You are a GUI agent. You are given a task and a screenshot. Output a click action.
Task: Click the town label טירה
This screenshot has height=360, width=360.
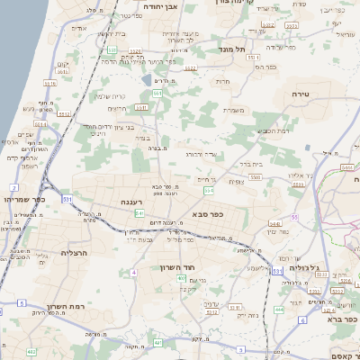301,93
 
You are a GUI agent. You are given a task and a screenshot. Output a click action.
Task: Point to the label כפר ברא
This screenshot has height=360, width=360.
343,318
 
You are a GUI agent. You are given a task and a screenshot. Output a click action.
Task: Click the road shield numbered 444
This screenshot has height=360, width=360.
280,310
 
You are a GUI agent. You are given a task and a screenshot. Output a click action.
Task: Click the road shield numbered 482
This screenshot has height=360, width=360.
31,350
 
